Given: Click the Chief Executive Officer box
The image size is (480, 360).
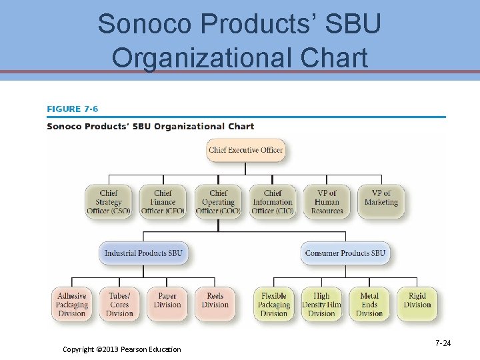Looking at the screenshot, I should [x=245, y=150].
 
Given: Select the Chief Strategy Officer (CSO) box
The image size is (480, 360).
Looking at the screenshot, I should [x=109, y=202].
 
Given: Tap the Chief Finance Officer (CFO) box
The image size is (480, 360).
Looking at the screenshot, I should [x=163, y=202].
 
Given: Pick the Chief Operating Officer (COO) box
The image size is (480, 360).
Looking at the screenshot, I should [x=218, y=202].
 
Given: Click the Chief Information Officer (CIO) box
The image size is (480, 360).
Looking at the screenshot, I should [x=272, y=202].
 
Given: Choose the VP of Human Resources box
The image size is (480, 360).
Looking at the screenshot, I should [x=327, y=202].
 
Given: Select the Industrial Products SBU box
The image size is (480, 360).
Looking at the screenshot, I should [x=143, y=253].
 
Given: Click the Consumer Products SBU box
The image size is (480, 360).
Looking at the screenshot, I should [x=345, y=253].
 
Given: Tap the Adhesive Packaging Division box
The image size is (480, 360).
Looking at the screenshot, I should [x=72, y=305].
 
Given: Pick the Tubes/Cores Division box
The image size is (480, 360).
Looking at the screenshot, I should [x=119, y=305].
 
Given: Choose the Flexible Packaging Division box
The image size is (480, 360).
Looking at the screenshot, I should [x=274, y=305].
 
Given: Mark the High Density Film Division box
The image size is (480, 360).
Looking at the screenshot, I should [x=321, y=305].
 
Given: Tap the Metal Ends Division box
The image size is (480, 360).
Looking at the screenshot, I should [x=369, y=305].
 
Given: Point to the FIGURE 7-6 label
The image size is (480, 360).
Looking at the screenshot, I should [x=73, y=109].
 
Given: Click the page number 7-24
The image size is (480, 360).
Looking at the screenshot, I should [x=443, y=343].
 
